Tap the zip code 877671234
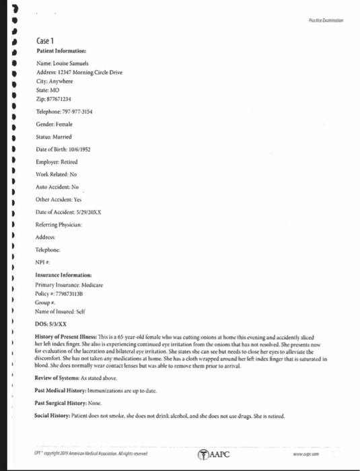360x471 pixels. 58,99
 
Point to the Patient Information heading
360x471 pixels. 61,50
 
